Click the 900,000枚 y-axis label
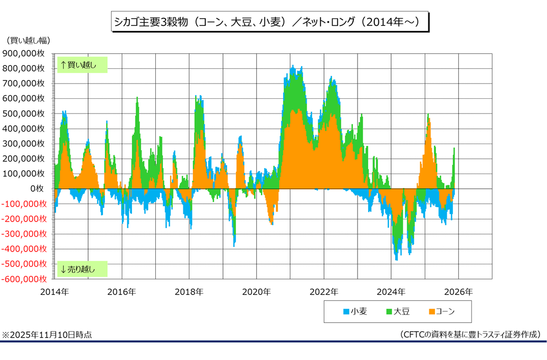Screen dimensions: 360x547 [25, 53]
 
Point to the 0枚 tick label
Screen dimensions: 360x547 [39, 189]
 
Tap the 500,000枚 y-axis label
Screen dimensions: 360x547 [25, 114]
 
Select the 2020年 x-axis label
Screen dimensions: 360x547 [256, 292]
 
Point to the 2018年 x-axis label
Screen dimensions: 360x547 [189, 292]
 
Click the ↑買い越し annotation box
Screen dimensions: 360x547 [82, 65]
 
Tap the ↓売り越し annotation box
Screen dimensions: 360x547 [82, 269]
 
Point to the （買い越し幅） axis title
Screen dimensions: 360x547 [29, 40]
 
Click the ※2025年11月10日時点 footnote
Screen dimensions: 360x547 [47, 335]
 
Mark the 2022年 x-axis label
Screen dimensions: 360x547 [323, 292]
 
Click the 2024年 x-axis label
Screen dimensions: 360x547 [391, 292]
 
